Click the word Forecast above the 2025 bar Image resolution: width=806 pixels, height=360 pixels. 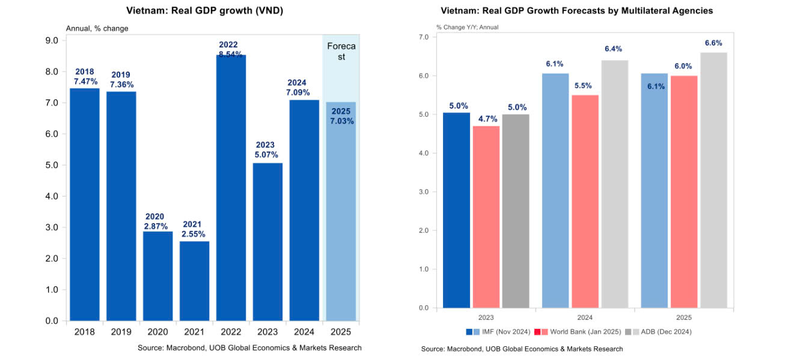[341, 51]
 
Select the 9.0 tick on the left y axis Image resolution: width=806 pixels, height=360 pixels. [52, 41]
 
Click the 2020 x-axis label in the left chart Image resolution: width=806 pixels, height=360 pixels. [157, 331]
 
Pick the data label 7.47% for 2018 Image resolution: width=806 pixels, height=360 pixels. [85, 81]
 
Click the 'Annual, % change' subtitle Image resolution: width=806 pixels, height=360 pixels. [97, 28]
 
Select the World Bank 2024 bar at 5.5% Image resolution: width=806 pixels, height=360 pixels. [585, 201]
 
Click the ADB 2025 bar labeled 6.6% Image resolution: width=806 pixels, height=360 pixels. [713, 180]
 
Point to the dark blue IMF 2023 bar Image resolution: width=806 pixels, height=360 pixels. [457, 210]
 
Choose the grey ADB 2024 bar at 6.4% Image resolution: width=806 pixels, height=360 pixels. [614, 184]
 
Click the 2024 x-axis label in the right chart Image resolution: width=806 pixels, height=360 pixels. [585, 317]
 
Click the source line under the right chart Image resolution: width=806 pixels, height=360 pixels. [522, 349]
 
